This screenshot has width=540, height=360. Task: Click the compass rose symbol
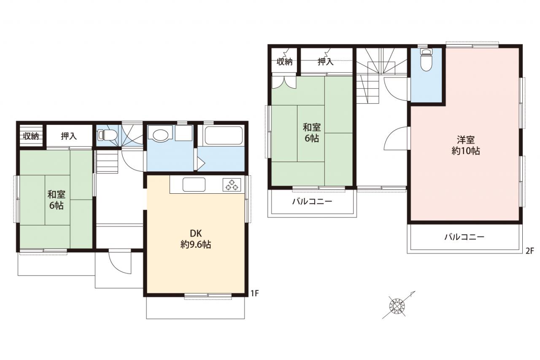tap(397, 306)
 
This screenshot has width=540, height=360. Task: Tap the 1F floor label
tap(254, 293)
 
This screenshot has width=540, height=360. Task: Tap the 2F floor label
tap(529, 251)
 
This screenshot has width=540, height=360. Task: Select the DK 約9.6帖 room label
tap(196, 239)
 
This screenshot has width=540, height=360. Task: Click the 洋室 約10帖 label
tap(465, 146)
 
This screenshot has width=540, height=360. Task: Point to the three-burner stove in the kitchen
tap(232, 185)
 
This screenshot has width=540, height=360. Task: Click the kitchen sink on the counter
tap(194, 184)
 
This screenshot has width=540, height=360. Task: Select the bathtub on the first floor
tap(224, 136)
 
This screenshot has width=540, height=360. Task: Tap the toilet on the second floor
tap(426, 60)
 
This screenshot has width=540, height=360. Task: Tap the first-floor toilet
tap(107, 135)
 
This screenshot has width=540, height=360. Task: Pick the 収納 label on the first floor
tap(31, 136)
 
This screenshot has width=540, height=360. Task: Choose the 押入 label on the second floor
tap(325, 62)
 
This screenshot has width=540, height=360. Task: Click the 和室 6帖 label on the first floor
tap(57, 200)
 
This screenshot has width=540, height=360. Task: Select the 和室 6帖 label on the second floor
tap(312, 133)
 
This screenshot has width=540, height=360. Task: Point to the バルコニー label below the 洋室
tap(464, 237)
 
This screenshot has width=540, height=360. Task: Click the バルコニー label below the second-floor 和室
tap(312, 201)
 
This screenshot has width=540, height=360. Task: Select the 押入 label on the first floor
tap(69, 136)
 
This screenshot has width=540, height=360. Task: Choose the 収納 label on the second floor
tap(284, 62)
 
